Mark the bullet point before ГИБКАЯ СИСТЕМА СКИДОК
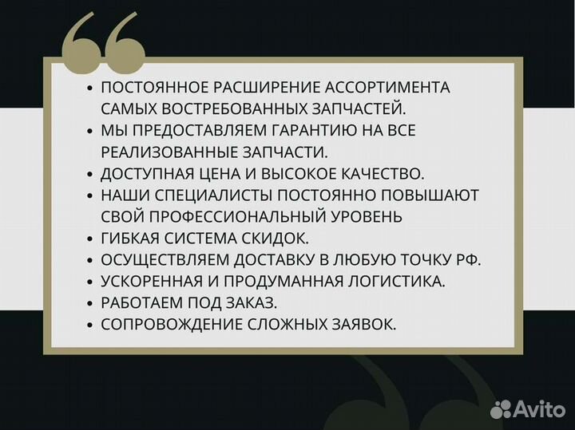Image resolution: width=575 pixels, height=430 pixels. click(90, 238)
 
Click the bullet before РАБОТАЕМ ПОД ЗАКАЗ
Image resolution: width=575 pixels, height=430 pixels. click(90, 302)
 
